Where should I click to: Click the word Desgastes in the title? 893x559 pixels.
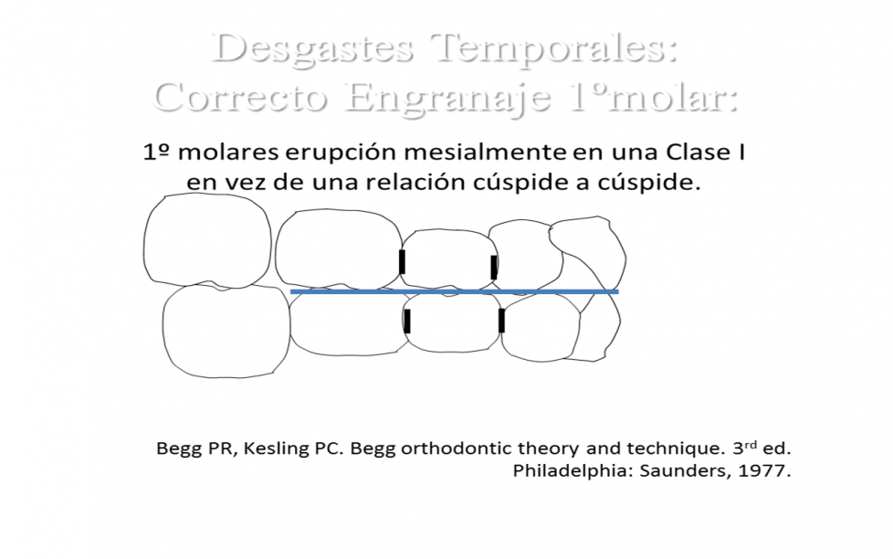312,50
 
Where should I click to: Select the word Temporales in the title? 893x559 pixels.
553,48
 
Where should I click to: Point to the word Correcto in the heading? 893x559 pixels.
240,97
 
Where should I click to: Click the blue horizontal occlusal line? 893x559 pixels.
454,291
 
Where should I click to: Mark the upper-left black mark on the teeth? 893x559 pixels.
402,261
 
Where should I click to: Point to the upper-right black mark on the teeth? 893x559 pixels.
494,268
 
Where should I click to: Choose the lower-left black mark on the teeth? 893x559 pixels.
406,321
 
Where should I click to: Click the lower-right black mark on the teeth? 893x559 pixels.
501,321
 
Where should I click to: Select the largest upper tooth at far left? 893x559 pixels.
206,240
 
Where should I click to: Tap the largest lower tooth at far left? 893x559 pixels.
226,331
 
